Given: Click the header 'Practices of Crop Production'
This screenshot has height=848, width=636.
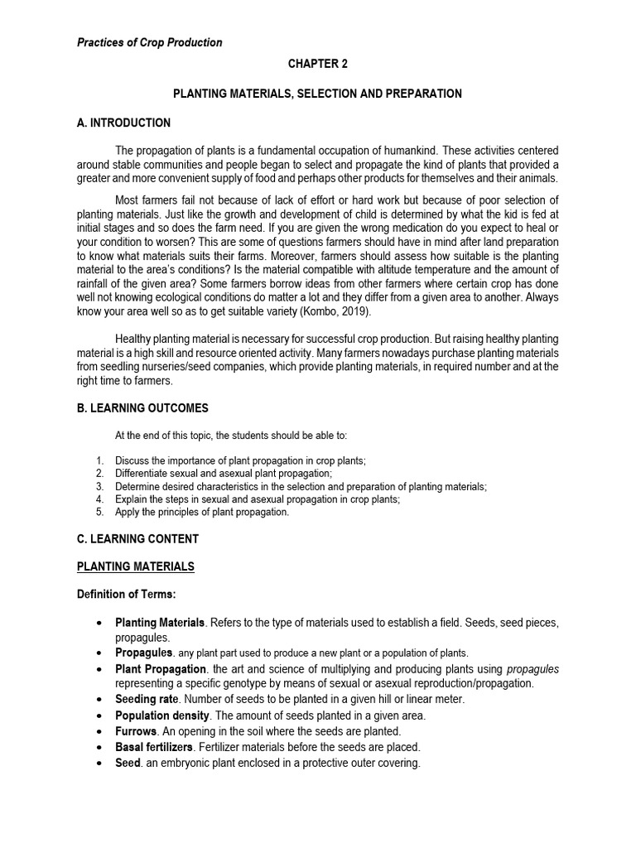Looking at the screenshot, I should click(150, 42).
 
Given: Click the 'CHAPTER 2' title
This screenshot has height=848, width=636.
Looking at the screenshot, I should click(317, 64).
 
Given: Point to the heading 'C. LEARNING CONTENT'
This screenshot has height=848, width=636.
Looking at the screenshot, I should click(137, 539).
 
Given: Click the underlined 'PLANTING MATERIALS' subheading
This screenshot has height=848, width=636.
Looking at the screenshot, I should click(135, 566).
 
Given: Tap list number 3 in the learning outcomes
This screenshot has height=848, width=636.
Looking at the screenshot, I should click(99, 486).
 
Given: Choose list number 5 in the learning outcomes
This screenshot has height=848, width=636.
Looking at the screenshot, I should click(99, 513).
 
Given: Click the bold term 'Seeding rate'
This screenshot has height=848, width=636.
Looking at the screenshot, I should click(145, 699).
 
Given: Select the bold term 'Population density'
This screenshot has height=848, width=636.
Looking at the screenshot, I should click(161, 715).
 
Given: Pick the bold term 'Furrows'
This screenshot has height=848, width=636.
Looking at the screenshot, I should click(136, 731).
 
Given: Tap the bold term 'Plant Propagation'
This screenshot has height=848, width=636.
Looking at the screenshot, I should click(161, 668).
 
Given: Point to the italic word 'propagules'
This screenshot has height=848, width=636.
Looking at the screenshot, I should click(532, 668).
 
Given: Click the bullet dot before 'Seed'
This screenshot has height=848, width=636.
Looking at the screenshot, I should click(99, 763).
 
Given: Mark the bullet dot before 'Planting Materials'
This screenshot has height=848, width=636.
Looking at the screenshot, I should click(99, 622).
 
